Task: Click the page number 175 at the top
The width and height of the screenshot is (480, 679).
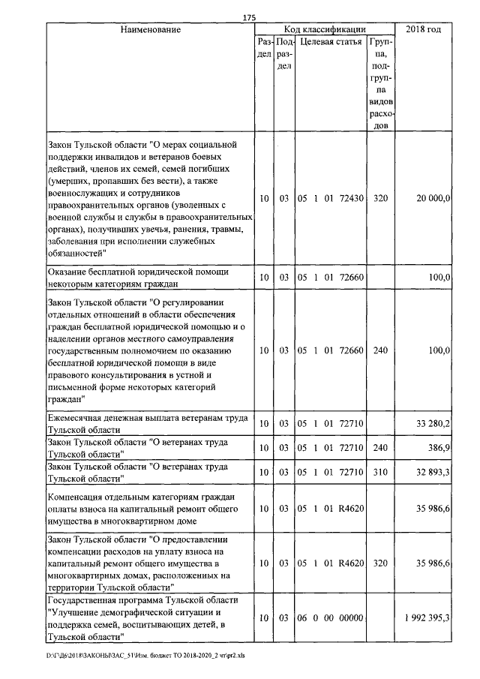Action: click(250, 18)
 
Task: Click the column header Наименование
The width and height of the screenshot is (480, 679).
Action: click(150, 30)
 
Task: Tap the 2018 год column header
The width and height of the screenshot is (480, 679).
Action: click(423, 30)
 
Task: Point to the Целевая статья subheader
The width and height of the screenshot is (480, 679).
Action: click(330, 43)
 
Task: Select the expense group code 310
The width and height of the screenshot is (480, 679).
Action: click(380, 472)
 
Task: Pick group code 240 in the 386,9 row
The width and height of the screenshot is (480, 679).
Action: click(380, 447)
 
